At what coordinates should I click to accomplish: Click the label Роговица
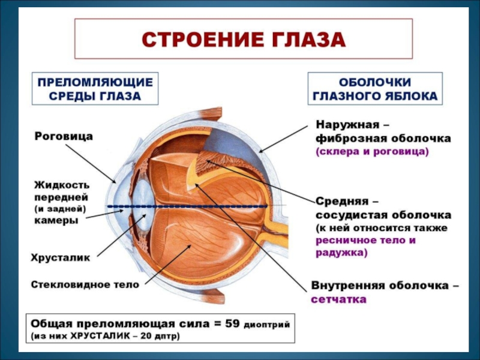(x=63, y=137)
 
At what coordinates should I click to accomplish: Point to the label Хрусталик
(x=61, y=257)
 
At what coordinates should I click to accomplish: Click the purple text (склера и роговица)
(x=372, y=152)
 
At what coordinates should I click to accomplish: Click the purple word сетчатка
(x=338, y=299)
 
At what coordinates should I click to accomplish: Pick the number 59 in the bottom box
(x=231, y=324)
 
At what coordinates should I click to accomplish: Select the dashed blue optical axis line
(x=198, y=206)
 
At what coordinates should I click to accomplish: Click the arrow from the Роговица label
(x=90, y=161)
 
